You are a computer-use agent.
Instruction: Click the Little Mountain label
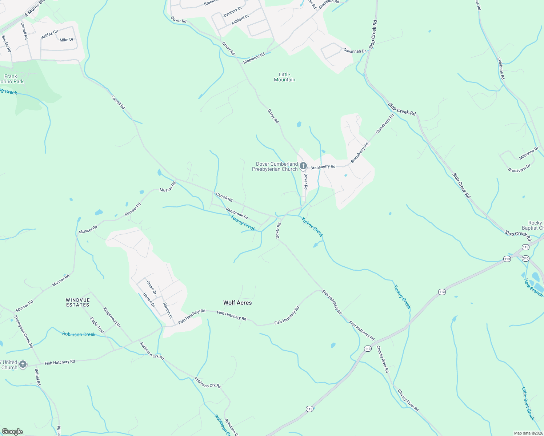[x=284, y=77]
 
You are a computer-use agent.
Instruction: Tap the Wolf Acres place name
[x=237, y=303]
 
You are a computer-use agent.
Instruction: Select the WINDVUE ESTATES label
[x=78, y=303]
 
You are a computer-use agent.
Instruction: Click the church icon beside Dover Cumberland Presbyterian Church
[x=303, y=166]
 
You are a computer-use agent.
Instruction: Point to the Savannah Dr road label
[x=355, y=51]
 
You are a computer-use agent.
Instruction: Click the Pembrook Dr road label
[x=236, y=213]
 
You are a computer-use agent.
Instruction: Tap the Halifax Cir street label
[x=49, y=34]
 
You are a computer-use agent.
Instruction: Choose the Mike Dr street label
[x=67, y=40]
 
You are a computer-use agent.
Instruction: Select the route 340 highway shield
[x=525, y=258]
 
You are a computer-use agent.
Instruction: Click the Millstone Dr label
[x=529, y=153]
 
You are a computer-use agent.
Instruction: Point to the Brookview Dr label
[x=519, y=168]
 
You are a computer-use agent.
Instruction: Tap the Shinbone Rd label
[x=501, y=68]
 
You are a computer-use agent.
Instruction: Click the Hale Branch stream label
[x=533, y=287]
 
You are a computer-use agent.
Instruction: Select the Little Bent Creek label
[x=528, y=403]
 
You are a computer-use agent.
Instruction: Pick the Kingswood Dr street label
[x=112, y=318]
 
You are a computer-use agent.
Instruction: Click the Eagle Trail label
[x=97, y=325]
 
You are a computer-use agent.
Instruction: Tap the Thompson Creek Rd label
[x=24, y=331]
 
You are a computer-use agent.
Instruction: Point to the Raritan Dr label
[x=168, y=311]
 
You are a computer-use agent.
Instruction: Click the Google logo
[x=12, y=432]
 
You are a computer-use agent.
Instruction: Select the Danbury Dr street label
[x=233, y=12]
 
